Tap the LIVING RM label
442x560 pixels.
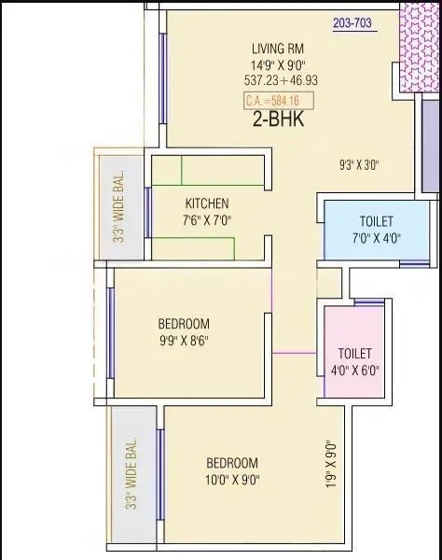pos(278,49)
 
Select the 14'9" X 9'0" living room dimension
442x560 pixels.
pos(278,65)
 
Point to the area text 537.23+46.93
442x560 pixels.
pos(278,82)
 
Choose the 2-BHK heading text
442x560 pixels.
pos(278,119)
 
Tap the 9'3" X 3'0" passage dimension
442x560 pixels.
pos(359,166)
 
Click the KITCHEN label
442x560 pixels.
pos(207,203)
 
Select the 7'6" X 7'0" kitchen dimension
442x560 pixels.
pos(207,221)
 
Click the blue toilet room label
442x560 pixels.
pos(376,221)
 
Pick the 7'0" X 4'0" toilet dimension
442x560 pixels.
pos(376,238)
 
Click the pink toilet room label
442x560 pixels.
pos(355,354)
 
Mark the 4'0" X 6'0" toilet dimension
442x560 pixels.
pos(355,371)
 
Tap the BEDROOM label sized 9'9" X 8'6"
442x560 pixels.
pos(183,324)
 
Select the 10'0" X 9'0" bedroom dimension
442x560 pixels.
pos(232,481)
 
